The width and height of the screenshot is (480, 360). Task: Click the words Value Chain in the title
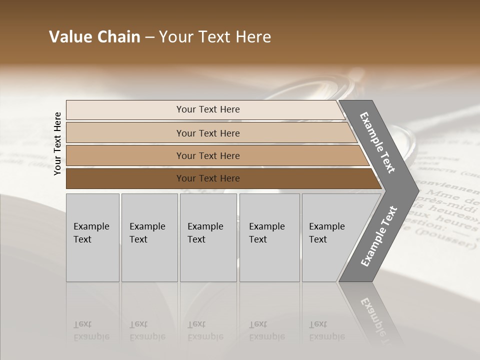(x=94, y=37)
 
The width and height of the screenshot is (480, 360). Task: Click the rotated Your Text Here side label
(x=57, y=143)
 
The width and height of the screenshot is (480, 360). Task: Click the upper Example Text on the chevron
(x=377, y=142)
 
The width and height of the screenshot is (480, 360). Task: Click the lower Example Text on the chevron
(x=379, y=236)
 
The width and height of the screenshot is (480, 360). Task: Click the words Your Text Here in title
(x=215, y=37)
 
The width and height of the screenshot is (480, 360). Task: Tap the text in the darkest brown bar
(x=208, y=178)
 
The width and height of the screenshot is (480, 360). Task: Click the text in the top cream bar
(x=208, y=109)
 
